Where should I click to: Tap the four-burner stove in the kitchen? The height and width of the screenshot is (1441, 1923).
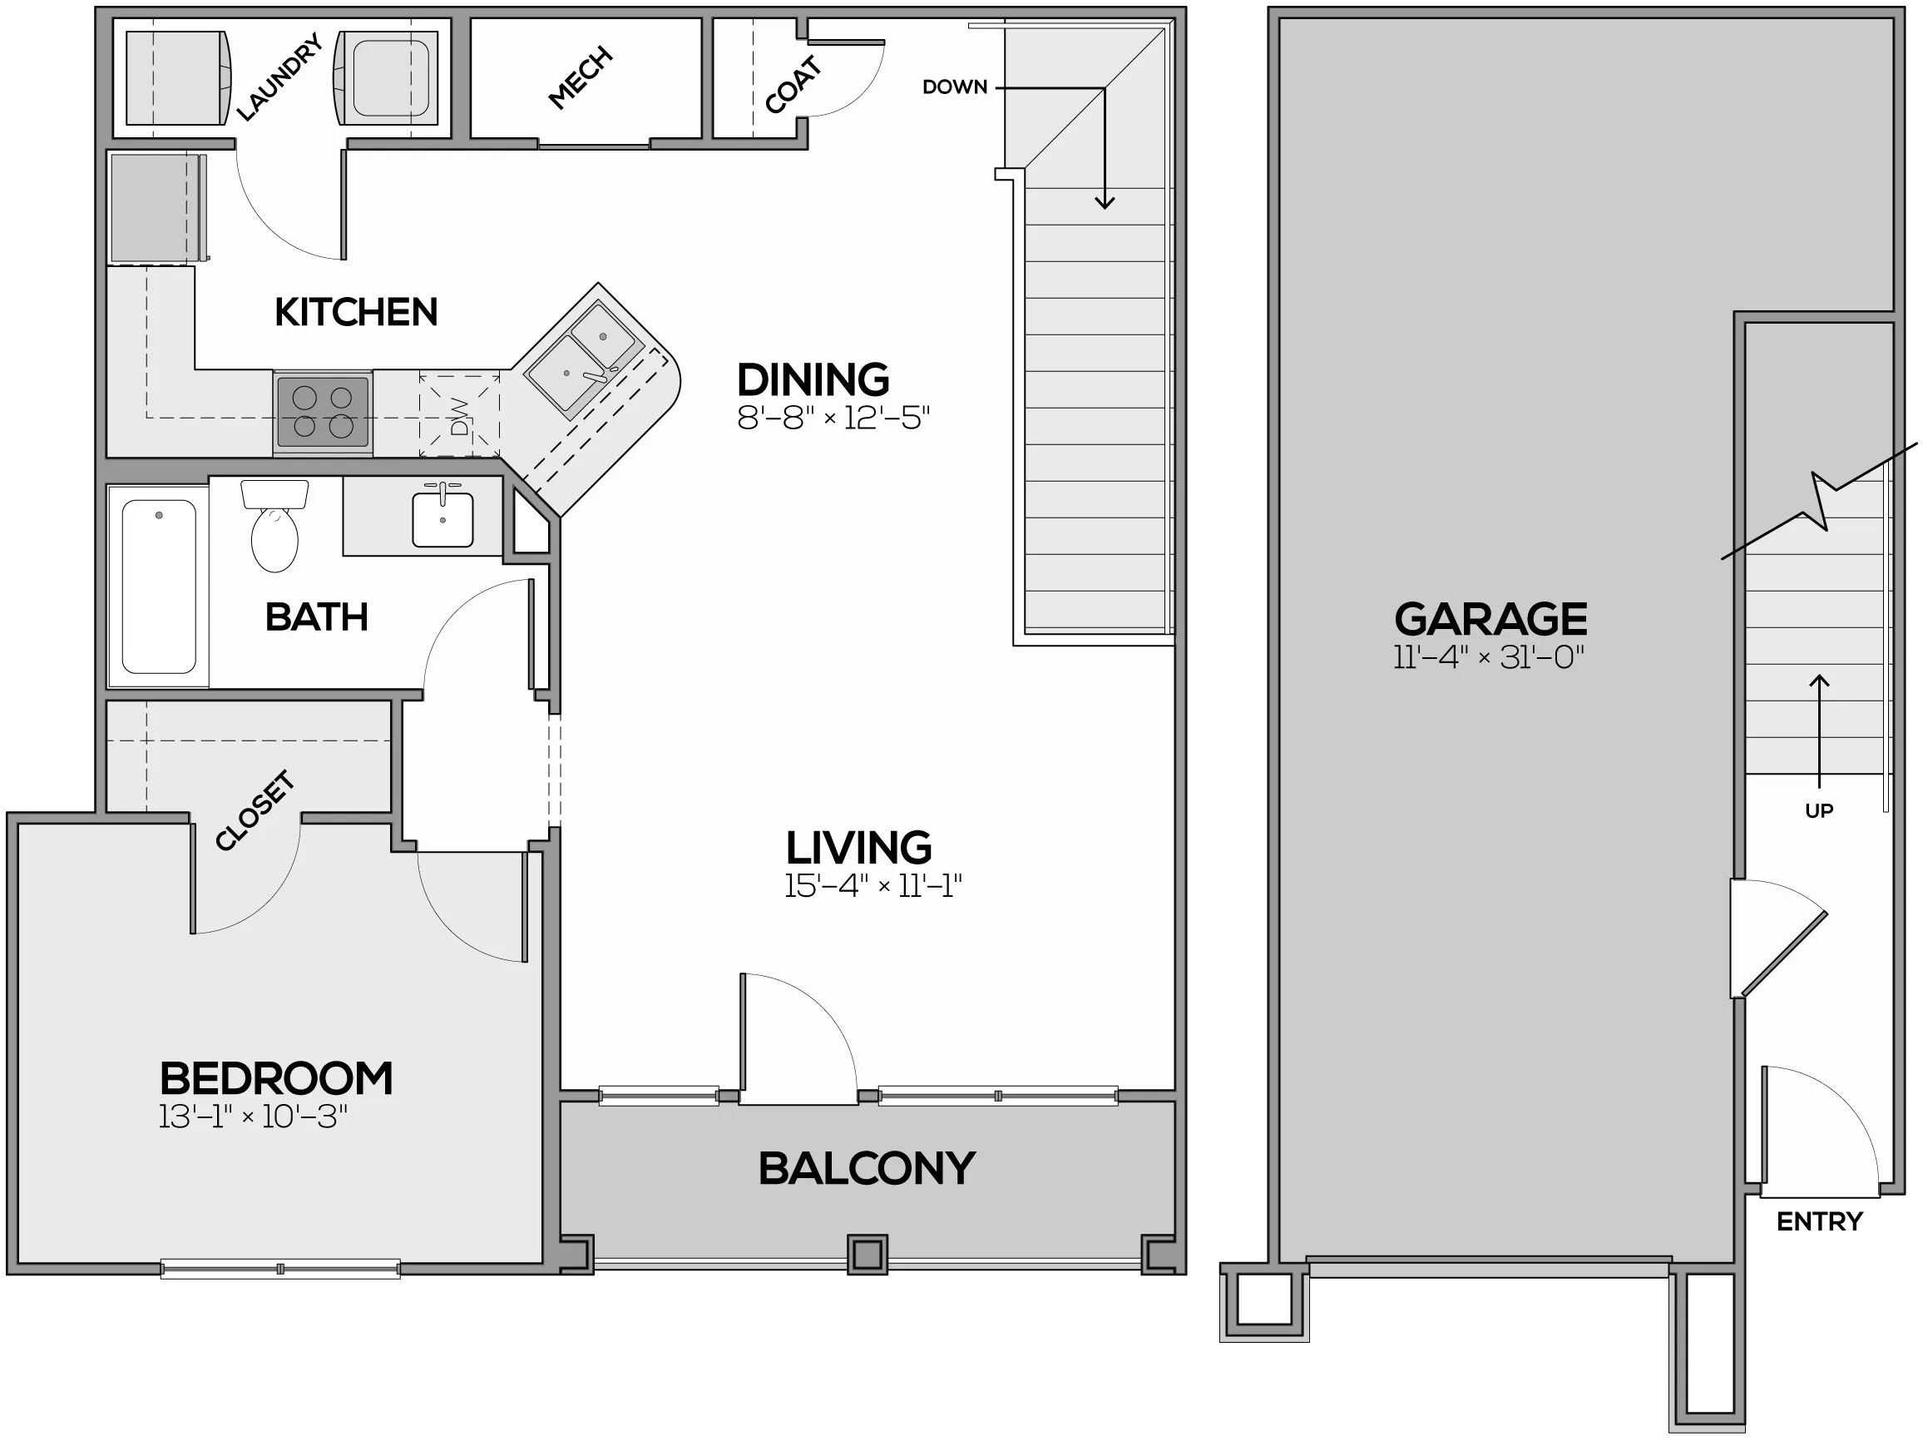pos(323,412)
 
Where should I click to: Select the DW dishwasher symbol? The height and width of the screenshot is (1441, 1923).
pos(460,416)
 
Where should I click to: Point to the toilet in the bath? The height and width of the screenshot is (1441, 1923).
pos(274,525)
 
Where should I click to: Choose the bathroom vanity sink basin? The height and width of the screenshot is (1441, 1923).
pos(442,519)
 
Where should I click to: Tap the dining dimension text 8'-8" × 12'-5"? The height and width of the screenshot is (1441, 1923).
pos(833,418)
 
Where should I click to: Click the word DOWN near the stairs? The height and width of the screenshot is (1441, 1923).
pos(955,87)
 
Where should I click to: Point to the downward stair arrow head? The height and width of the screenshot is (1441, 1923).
pos(1104,203)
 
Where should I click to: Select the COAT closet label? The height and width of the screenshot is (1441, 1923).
pos(793,84)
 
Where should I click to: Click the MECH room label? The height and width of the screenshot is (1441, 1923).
pos(581,78)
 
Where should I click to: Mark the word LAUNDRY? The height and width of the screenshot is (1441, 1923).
pos(280,77)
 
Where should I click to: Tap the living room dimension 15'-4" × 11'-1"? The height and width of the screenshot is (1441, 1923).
pos(873,886)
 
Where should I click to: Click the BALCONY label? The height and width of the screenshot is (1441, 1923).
pos(867,1168)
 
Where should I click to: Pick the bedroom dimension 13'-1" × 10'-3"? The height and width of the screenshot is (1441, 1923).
pos(253,1117)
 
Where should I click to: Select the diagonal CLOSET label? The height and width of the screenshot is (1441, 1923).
pos(255,810)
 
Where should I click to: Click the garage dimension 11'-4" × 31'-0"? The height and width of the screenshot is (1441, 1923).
pos(1489,656)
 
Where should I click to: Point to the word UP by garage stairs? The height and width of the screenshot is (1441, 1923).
pos(1819,810)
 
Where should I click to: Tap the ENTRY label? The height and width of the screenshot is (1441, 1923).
pos(1820,1222)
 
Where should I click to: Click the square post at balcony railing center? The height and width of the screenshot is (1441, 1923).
pos(868,1255)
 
